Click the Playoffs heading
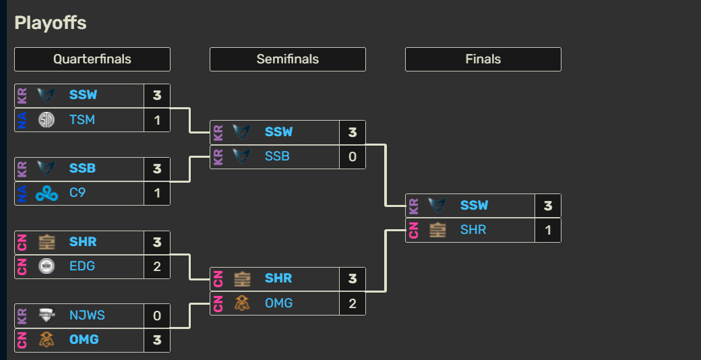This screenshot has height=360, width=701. (51, 23)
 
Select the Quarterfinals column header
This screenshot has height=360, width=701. (92, 59)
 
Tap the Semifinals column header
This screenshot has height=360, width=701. (288, 59)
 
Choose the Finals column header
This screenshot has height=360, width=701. (483, 59)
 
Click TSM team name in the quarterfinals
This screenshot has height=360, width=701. (82, 120)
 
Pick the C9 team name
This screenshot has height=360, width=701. (78, 193)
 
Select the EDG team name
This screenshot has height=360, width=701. (82, 266)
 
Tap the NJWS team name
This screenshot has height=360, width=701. (87, 316)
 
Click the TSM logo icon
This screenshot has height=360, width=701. (47, 120)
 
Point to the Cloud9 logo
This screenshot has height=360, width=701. (47, 193)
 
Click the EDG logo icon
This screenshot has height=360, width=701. (47, 266)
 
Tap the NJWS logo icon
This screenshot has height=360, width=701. (47, 316)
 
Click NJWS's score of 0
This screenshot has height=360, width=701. (157, 316)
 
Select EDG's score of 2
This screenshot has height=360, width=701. (157, 266)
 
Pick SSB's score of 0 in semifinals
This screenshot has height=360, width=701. (353, 156)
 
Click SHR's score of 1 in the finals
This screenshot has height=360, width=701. (548, 230)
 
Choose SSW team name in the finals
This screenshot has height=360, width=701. (474, 206)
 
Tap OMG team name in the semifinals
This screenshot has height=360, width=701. (279, 303)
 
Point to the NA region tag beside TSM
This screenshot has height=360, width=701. (22, 120)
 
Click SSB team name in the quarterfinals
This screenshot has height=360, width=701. (82, 169)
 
